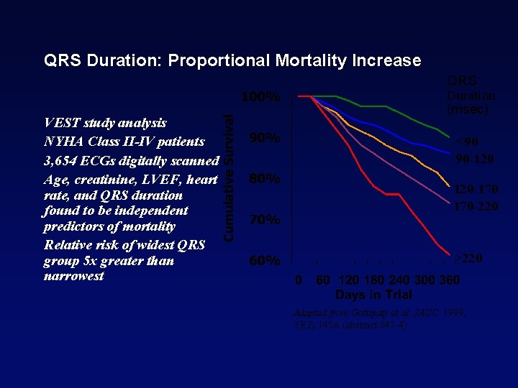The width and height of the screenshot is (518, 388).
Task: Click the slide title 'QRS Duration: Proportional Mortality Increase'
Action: (232, 60)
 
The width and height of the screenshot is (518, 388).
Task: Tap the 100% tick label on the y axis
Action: (260, 97)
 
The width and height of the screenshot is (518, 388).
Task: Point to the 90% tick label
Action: (264, 138)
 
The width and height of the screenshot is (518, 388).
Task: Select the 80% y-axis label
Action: (264, 179)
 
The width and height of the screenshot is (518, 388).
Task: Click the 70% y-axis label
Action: (264, 220)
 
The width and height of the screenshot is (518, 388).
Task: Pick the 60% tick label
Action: (264, 261)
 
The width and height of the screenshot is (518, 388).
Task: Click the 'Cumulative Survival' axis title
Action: (227, 179)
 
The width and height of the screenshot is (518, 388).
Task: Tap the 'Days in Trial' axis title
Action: (373, 295)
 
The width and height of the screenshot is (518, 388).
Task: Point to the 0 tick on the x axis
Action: (300, 280)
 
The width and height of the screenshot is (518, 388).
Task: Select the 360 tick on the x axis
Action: (449, 280)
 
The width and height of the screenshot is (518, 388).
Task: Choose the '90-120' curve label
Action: (473, 159)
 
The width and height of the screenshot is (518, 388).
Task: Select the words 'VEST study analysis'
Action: (105, 123)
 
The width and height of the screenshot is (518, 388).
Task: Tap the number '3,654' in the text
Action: (63, 160)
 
